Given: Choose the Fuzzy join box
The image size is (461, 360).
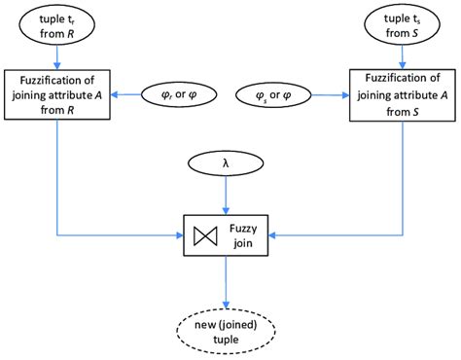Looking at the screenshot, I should [227, 234].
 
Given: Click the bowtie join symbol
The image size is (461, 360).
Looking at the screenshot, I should [205, 234].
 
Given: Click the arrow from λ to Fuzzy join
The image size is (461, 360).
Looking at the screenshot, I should [227, 195].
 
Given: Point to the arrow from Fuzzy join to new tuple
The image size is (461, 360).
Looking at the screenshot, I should [227, 276].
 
